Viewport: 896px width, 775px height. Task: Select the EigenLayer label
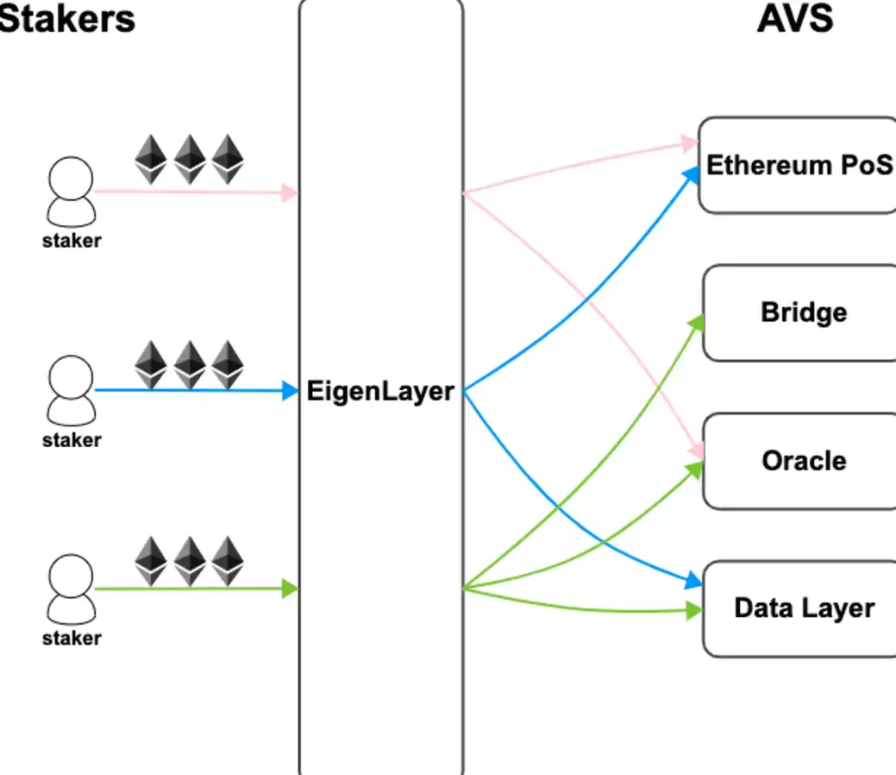380,392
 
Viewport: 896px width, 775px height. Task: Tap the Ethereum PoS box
799,166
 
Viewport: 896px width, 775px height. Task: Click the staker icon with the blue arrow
71,391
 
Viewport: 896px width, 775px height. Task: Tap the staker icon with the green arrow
71,589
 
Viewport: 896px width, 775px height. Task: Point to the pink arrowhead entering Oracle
697,452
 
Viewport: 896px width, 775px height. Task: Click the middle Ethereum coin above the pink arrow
190,159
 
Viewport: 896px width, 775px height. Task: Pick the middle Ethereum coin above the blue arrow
190,365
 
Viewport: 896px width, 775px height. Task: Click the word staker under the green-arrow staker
72,639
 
